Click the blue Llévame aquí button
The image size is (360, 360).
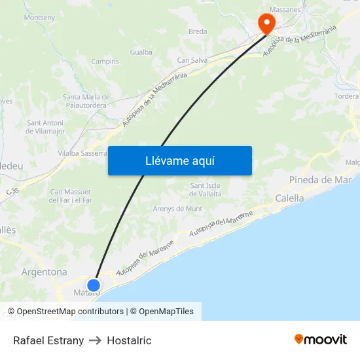179,160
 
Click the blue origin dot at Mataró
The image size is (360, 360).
94,285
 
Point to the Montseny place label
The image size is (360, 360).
39,18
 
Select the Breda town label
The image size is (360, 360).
198,31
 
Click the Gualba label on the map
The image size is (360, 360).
141,52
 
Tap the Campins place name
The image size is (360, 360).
105,62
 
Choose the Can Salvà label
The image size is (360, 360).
192,61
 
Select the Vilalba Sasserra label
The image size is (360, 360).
82,153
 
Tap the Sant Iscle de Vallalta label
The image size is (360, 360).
205,190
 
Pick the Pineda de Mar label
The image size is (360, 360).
320,180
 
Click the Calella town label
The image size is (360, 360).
289,198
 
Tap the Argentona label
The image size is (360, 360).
44,272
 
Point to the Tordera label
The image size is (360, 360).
346,96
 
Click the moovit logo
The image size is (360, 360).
321,339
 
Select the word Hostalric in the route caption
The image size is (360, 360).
129,340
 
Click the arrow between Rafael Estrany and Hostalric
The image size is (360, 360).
95,340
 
